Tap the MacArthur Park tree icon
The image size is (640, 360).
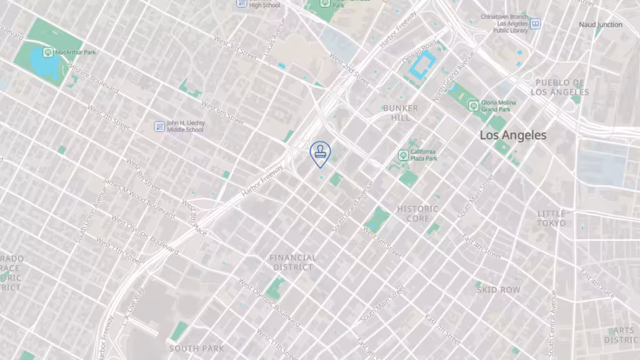point(47,52)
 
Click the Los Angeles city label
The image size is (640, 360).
point(512,135)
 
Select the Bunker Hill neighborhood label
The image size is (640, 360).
point(401,112)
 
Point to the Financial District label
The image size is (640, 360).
point(293,262)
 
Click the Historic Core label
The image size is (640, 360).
point(418,214)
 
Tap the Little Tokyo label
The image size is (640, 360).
point(551,218)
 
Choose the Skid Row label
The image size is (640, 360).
point(498,290)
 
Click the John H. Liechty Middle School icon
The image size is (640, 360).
point(159,126)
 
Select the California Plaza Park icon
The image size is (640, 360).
point(404,154)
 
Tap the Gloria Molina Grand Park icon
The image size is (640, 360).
point(473,105)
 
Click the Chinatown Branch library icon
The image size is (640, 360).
point(535,24)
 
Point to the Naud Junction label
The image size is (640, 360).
point(601,25)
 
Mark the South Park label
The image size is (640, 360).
point(192,348)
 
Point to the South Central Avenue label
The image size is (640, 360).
point(552,324)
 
